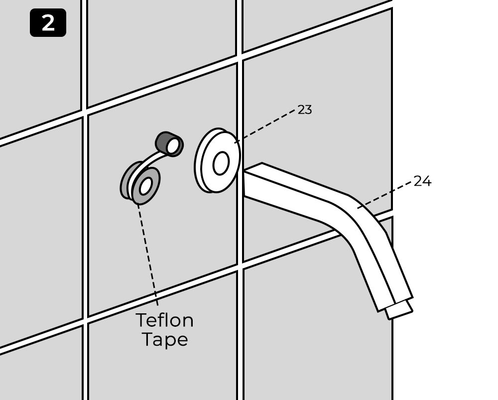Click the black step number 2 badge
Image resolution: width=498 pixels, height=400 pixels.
pos(48,23)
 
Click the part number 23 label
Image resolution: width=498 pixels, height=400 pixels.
pos(305,110)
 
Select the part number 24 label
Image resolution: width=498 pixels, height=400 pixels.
pos(422,181)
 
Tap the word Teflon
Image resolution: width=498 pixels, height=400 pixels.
pos(164,320)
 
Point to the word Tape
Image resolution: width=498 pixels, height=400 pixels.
pos(165,340)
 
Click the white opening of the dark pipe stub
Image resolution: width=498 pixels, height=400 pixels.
pos(173,146)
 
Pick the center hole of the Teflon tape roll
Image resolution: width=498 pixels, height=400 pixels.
pos(145,186)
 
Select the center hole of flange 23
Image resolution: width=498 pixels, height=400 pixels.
pos(221,163)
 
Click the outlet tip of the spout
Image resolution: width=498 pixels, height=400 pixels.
pos(400,310)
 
